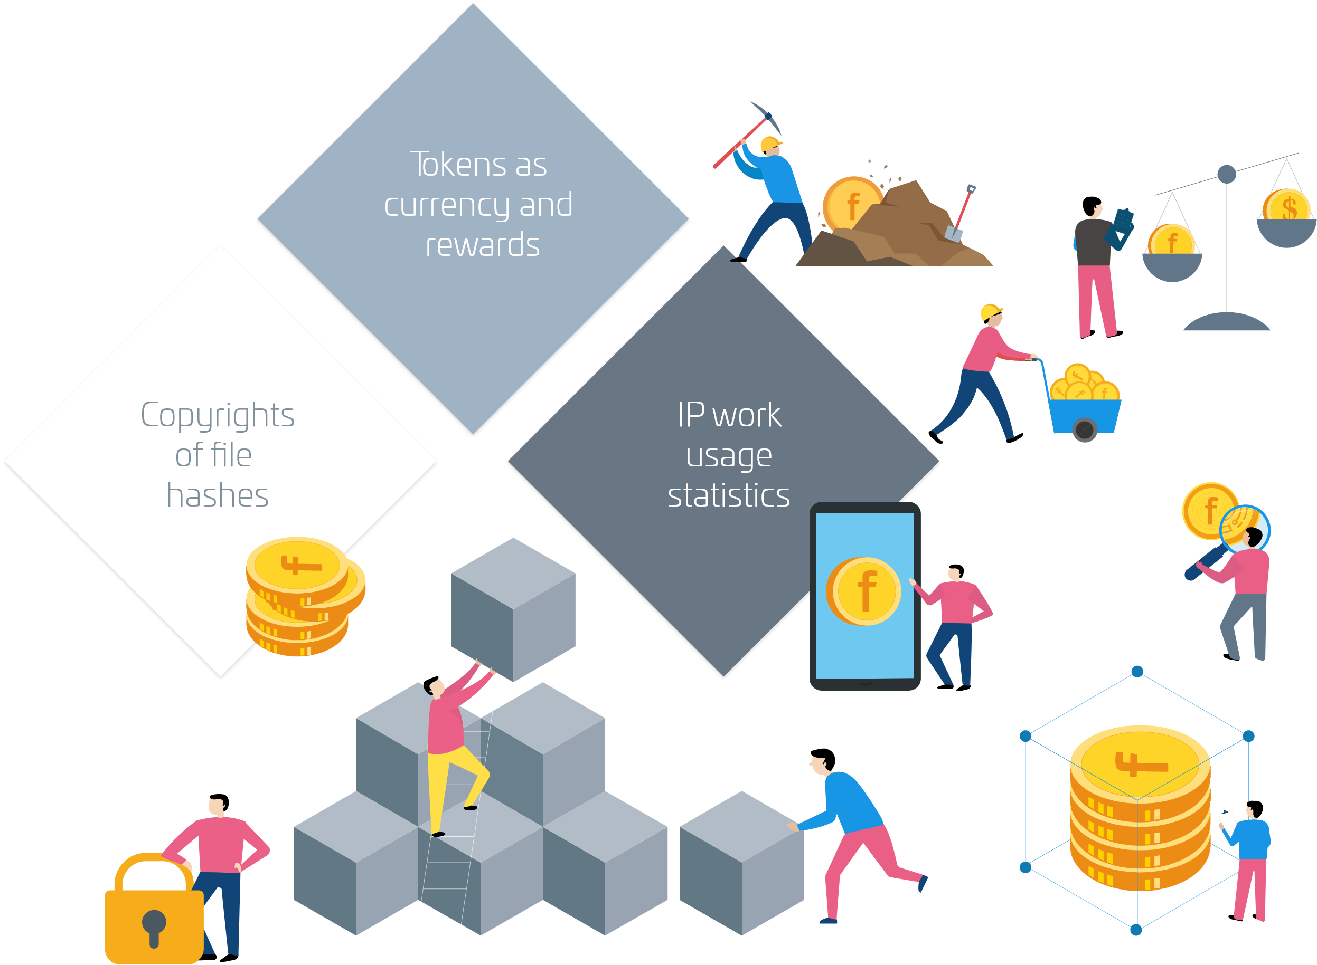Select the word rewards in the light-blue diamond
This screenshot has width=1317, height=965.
[x=482, y=244]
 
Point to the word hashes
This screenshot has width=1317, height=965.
[x=218, y=495]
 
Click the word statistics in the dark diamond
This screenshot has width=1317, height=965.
[x=728, y=495]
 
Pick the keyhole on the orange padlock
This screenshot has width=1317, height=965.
[x=154, y=928]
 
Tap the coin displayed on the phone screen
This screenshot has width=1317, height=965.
[x=863, y=591]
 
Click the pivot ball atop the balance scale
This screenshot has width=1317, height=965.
[x=1226, y=174]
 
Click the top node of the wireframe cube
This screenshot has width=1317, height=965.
[x=1137, y=672]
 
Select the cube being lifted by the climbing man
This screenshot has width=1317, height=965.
[x=513, y=609]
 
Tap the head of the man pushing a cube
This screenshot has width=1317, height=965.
[x=823, y=761]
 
